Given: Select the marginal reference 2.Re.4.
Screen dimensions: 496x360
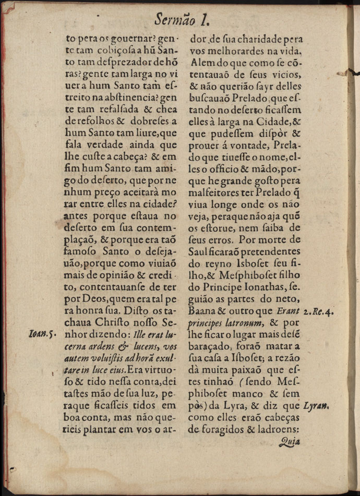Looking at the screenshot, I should click(x=317, y=312).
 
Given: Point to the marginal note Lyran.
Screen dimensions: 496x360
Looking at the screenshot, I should click(x=318, y=405).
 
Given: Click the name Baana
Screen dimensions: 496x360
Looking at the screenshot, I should click(x=202, y=311).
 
